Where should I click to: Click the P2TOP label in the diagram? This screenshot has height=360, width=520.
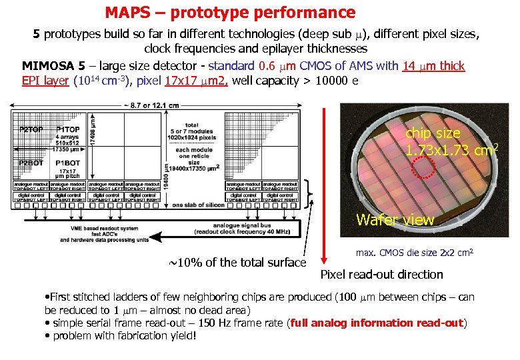(31, 128)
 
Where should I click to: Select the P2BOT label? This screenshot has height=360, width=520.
(31, 163)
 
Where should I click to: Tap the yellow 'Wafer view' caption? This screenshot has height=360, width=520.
(395, 220)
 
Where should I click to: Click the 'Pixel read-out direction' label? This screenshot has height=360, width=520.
(382, 274)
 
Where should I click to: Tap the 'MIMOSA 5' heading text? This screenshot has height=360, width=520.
(53, 66)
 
